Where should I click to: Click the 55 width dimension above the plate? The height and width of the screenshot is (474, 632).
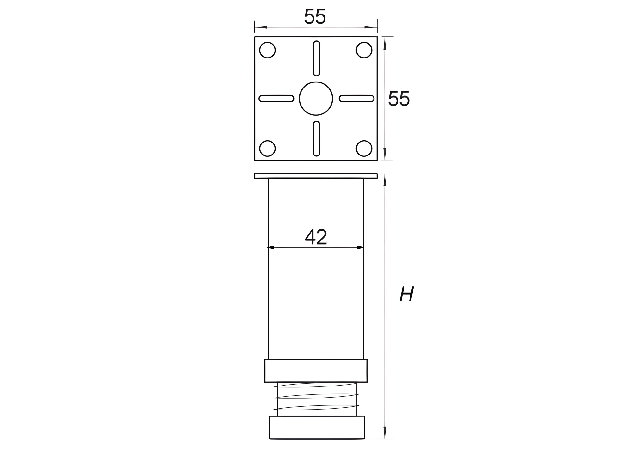[x=315, y=16]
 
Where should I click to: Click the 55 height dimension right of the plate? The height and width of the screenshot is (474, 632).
[x=399, y=98]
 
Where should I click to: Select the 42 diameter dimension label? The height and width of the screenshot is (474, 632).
[x=316, y=236]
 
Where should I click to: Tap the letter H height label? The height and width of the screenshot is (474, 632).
[x=407, y=294]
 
